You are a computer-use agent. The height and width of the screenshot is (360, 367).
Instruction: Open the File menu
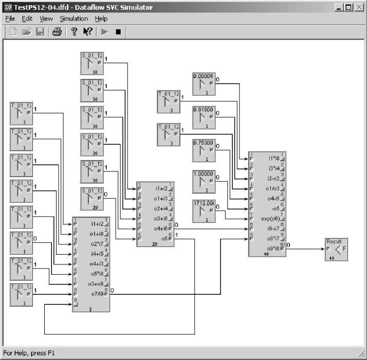10,18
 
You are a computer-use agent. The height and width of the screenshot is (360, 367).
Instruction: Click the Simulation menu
74,18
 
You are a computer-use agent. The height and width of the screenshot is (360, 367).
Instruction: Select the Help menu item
101,18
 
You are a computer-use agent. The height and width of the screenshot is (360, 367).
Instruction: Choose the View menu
46,18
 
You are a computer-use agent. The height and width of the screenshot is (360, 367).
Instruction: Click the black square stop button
118,32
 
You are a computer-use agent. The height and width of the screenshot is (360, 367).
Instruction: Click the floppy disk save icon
40,32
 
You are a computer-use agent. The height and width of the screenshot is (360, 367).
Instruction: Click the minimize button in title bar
340,7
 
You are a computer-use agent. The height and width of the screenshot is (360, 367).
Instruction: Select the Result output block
336,250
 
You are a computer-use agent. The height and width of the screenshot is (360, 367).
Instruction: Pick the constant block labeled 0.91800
204,118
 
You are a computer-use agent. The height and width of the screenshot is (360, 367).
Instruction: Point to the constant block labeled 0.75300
204,151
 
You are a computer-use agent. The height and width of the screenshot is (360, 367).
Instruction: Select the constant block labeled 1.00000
204,182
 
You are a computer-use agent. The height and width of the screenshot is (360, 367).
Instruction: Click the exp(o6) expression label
270,218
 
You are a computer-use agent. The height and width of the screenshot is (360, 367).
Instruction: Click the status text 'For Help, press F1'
29,353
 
